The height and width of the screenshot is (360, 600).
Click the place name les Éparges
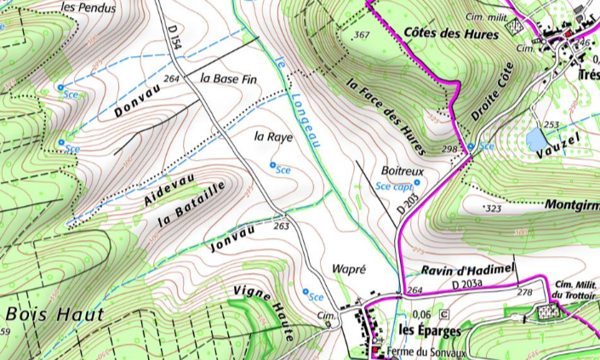point(430,330)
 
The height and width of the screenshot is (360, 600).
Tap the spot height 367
point(362,35)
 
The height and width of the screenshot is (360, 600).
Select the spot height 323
point(493,208)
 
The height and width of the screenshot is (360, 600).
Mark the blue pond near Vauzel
point(537,138)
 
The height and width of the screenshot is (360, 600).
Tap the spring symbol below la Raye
point(273,164)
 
